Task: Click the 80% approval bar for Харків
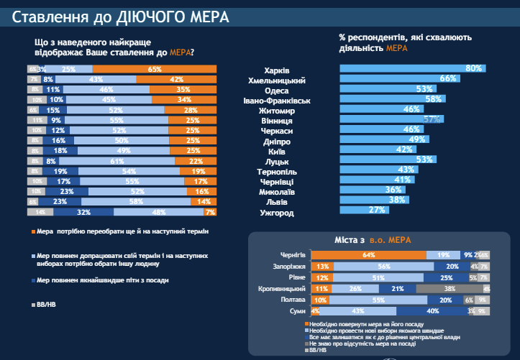pos(411,69)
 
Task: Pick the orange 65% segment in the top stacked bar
pos(154,69)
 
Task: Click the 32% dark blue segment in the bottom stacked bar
pos(83,213)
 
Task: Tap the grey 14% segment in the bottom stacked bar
pos(40,213)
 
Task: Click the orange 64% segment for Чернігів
pos(369,255)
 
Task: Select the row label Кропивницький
pos(283,289)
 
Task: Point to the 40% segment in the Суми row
pos(432,311)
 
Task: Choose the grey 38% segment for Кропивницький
pos(450,289)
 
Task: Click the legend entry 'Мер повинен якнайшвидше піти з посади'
pos(93,281)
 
